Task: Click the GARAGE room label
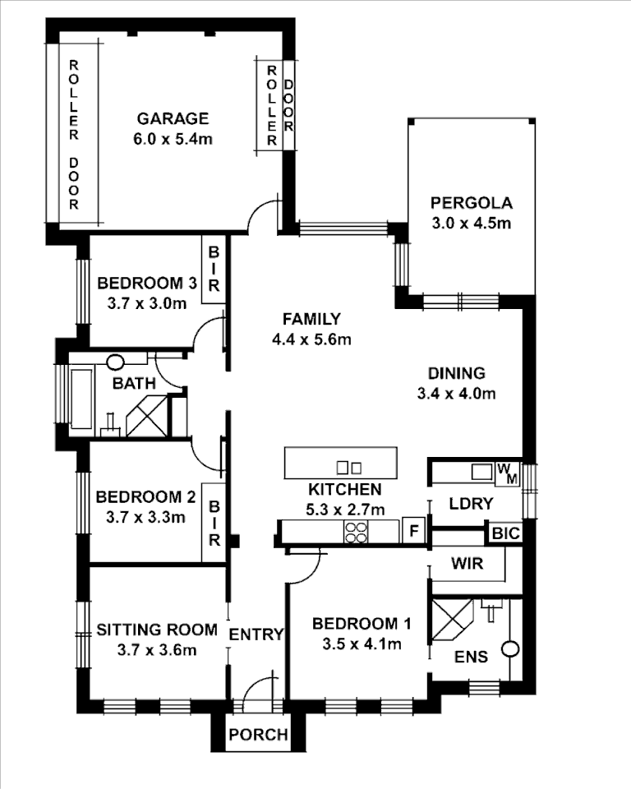[x=173, y=118]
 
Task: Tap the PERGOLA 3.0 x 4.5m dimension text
[x=472, y=223]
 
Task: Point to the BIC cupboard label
[x=505, y=533]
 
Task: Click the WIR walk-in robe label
[x=466, y=565]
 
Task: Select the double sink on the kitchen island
[x=349, y=468]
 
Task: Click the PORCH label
[x=259, y=734]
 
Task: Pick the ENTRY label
[x=256, y=634]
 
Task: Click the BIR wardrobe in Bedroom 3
[x=213, y=269]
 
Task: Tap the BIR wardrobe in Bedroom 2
[x=214, y=526]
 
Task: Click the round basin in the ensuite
[x=510, y=648]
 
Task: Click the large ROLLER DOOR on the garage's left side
[x=73, y=134]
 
